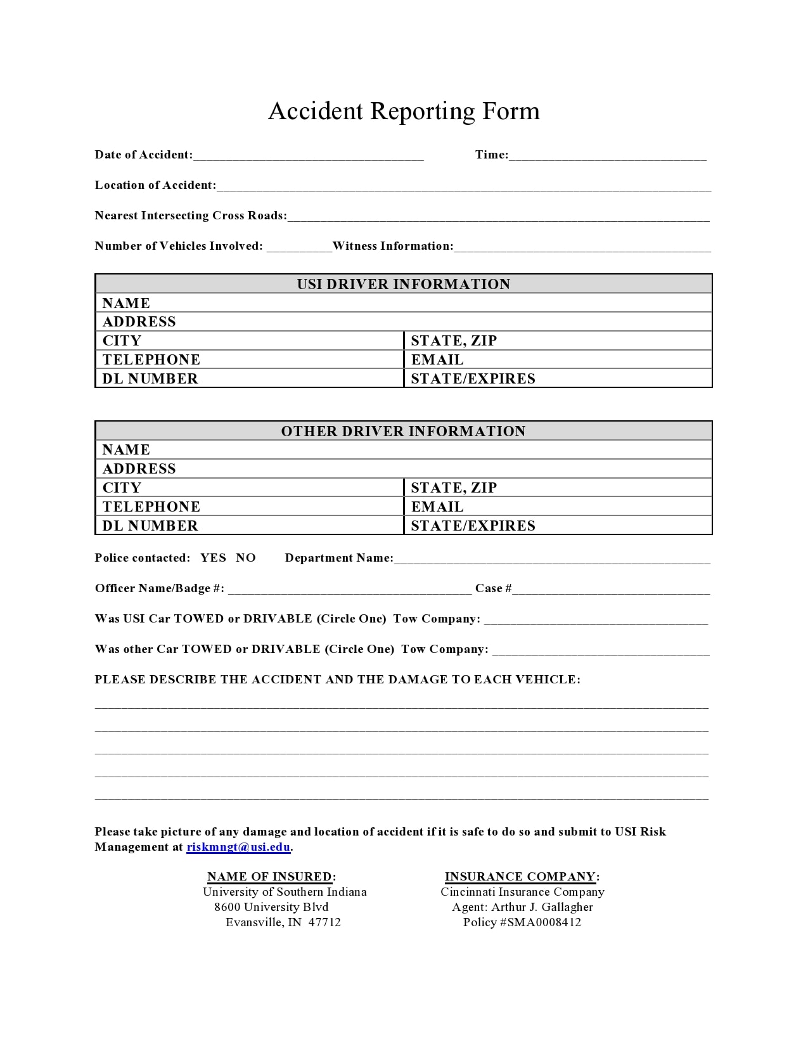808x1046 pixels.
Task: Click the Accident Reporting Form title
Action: (404, 111)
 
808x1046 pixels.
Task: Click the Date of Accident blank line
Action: (308, 156)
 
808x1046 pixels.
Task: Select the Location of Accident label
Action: (155, 185)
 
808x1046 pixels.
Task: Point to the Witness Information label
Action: (393, 246)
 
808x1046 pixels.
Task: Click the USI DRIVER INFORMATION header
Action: (404, 284)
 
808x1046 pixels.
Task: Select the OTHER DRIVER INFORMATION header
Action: (404, 431)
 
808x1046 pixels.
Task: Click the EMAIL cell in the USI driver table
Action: (558, 359)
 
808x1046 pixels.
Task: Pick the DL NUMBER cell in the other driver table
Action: (250, 526)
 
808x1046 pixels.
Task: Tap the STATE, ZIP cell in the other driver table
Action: (558, 487)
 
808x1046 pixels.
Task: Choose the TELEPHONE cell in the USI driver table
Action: (250, 359)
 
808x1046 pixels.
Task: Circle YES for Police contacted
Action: (213, 558)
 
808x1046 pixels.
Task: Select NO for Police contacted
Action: (246, 558)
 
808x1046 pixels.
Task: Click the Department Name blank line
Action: (551, 559)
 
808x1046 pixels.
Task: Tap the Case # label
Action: (493, 588)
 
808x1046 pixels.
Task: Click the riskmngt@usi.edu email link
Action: (238, 847)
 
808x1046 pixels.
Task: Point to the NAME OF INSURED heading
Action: (271, 877)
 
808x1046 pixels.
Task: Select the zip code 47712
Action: (324, 922)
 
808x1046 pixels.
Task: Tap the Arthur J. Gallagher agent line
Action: (522, 907)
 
